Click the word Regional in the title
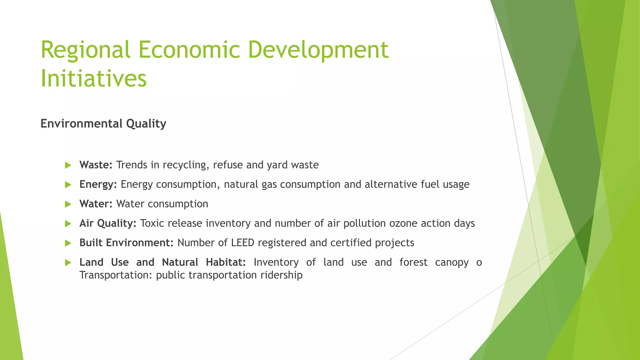pyautogui.click(x=85, y=50)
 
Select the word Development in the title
pyautogui.click(x=318, y=50)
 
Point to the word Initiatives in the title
pyautogui.click(x=93, y=78)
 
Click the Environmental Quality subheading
pyautogui.click(x=103, y=124)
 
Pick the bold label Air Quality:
pyautogui.click(x=108, y=223)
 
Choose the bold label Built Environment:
pyautogui.click(x=126, y=242)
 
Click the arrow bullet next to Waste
pyautogui.click(x=68, y=165)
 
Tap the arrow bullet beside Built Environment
pyautogui.click(x=68, y=243)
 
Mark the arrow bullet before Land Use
pyautogui.click(x=68, y=262)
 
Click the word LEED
pyautogui.click(x=242, y=242)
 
